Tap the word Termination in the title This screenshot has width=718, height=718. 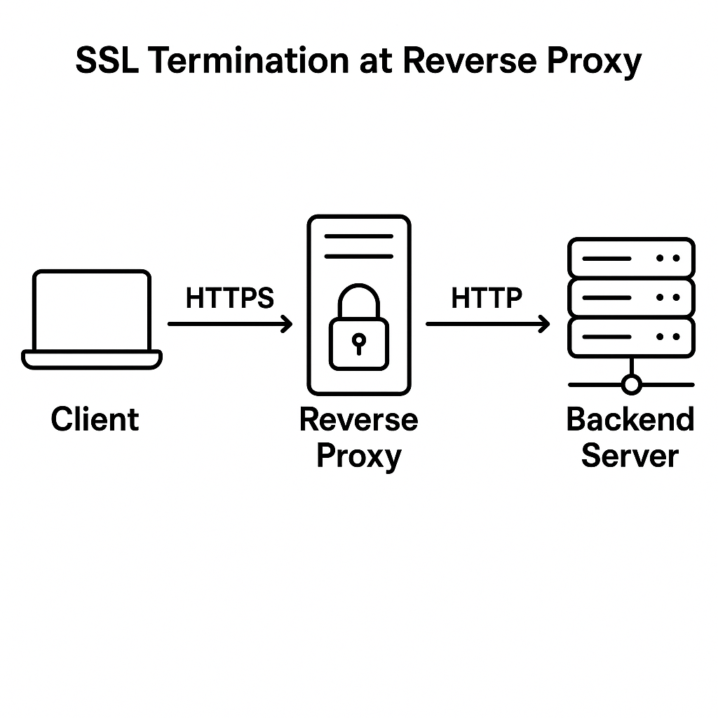(x=249, y=62)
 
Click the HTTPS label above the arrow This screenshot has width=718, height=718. (x=229, y=299)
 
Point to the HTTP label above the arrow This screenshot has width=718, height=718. (x=487, y=299)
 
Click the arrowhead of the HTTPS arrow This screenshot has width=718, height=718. (x=286, y=324)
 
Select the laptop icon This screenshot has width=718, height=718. (x=92, y=319)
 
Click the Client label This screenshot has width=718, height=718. (x=95, y=419)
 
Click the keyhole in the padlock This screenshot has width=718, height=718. (x=358, y=343)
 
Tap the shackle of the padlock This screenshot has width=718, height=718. (x=358, y=300)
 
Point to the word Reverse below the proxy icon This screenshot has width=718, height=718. (x=358, y=420)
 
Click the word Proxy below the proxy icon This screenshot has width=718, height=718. (x=358, y=456)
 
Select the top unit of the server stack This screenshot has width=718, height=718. (x=631, y=258)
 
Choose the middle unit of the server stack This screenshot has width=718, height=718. (x=631, y=297)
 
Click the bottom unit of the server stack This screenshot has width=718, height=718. (x=631, y=337)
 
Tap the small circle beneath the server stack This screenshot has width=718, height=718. (x=632, y=384)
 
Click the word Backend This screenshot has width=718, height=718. (x=630, y=419)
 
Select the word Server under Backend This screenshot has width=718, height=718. (x=630, y=456)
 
